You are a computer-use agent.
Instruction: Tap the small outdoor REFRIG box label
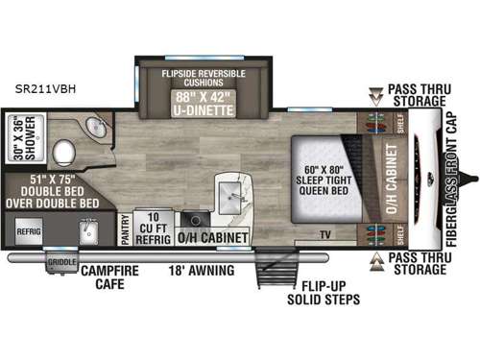pos(26,230)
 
